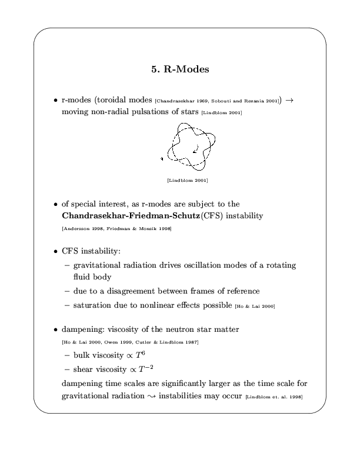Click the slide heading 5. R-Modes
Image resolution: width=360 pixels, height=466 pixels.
[180, 69]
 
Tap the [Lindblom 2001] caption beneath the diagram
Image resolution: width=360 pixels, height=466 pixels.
[188, 180]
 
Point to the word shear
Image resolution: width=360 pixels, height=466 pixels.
[85, 370]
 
